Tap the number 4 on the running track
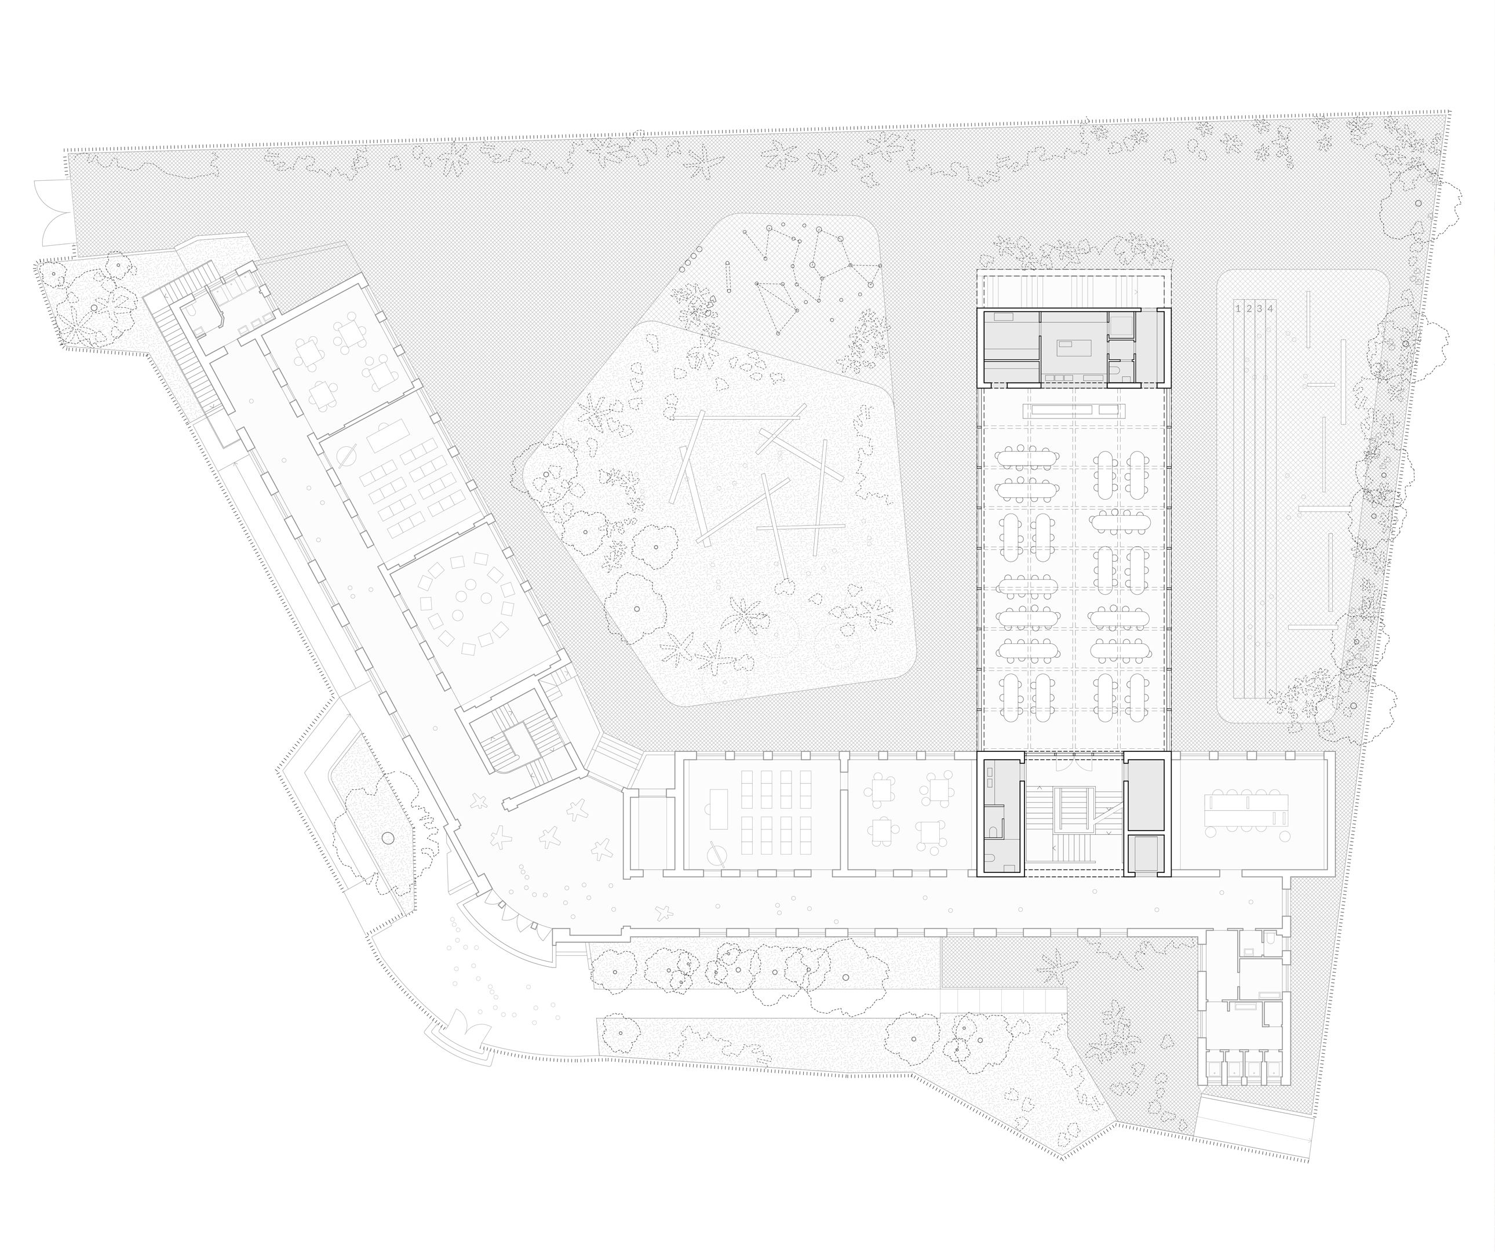click(1271, 308)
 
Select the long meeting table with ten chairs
click(1246, 810)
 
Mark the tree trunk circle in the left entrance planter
click(387, 838)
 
